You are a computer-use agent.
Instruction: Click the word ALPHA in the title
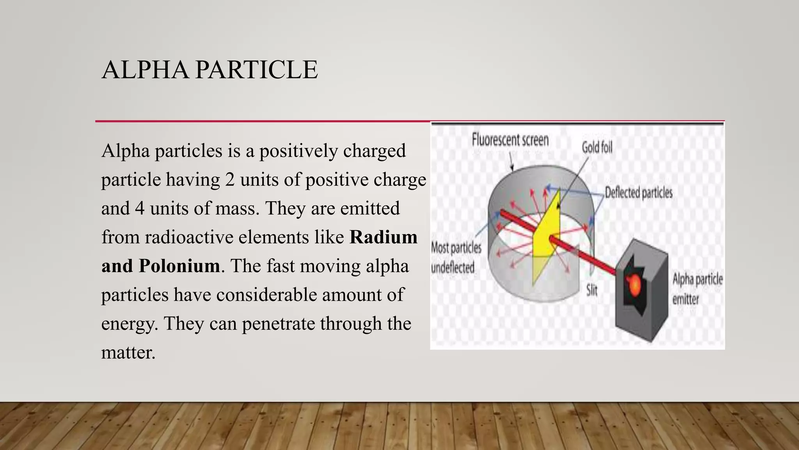(x=145, y=70)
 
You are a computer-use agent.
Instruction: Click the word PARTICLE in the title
(x=256, y=70)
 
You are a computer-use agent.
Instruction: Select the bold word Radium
(x=384, y=237)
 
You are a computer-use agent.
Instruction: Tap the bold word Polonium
(x=179, y=266)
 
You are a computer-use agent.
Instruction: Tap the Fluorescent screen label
(x=510, y=140)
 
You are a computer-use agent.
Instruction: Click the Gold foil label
(x=597, y=147)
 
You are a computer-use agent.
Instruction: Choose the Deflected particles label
(x=639, y=193)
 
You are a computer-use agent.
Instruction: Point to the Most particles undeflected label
(x=455, y=258)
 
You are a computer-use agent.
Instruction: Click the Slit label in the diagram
(x=592, y=290)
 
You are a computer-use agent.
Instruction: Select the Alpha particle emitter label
(x=697, y=289)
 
